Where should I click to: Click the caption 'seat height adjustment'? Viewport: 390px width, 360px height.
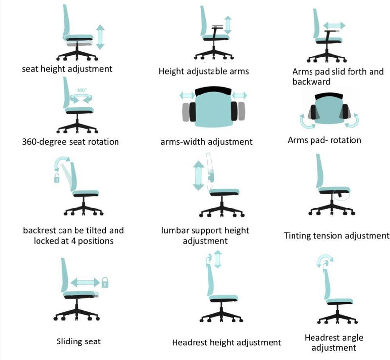[67, 69]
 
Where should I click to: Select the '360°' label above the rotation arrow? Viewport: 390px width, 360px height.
[81, 90]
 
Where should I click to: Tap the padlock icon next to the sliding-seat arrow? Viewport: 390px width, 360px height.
[105, 282]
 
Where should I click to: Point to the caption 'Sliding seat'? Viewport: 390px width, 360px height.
[78, 341]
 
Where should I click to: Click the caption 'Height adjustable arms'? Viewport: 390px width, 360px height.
[204, 71]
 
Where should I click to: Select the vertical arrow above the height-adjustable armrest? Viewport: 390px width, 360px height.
[228, 24]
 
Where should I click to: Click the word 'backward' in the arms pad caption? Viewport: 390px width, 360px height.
[311, 81]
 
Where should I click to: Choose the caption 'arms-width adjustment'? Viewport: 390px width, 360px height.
[206, 142]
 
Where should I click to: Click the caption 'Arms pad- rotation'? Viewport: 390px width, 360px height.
[324, 140]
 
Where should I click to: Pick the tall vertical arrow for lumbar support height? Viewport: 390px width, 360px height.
[198, 176]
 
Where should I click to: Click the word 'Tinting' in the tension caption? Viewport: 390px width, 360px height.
[298, 236]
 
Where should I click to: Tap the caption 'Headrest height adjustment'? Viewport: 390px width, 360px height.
[226, 343]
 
